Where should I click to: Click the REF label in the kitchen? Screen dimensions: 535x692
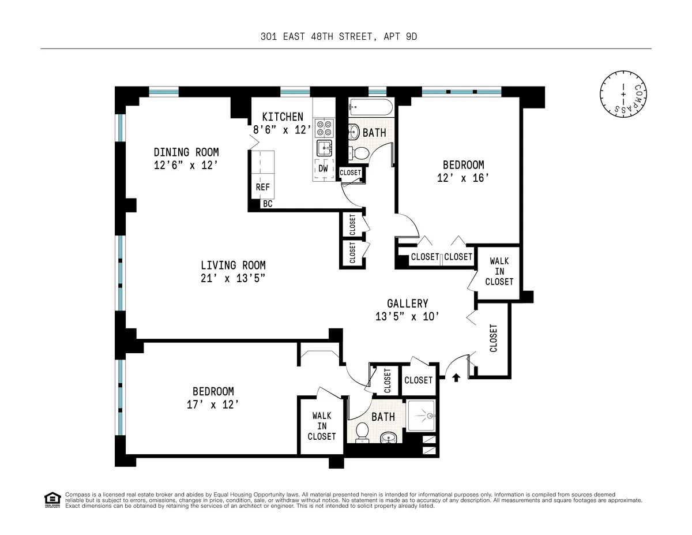pyautogui.click(x=262, y=188)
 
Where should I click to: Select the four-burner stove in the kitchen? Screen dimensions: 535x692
pyautogui.click(x=325, y=126)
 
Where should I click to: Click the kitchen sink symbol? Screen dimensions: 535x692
pyautogui.click(x=325, y=148)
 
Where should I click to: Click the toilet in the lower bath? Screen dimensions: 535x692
pyautogui.click(x=363, y=431)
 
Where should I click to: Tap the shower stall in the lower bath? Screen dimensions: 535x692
pyautogui.click(x=422, y=416)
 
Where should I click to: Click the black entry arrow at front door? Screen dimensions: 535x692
pyautogui.click(x=456, y=378)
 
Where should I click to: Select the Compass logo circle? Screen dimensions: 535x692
pyautogui.click(x=622, y=93)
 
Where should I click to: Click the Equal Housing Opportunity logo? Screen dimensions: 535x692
pyautogui.click(x=52, y=499)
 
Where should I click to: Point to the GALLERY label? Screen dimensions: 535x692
pyautogui.click(x=407, y=304)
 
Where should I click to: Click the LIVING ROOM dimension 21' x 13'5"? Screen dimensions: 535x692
pyautogui.click(x=233, y=278)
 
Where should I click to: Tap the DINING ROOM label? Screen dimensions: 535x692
pyautogui.click(x=186, y=152)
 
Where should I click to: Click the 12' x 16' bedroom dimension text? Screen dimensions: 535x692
pyautogui.click(x=464, y=178)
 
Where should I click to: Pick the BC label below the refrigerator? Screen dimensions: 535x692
pyautogui.click(x=268, y=204)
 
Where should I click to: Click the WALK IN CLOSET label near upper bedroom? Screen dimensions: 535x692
pyautogui.click(x=499, y=271)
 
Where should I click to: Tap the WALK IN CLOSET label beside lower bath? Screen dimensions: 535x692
pyautogui.click(x=321, y=426)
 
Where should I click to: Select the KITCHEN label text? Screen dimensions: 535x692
pyautogui.click(x=283, y=117)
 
